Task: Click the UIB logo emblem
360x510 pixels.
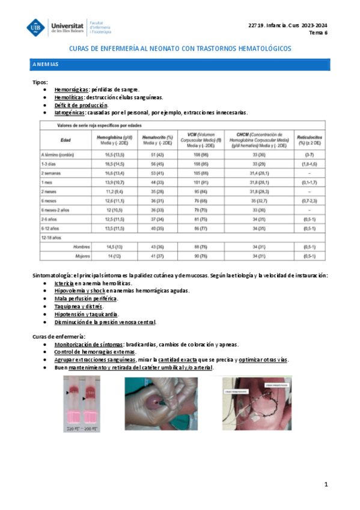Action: pyautogui.click(x=36, y=27)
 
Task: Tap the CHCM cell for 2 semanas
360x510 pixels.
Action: pyautogui.click(x=258, y=173)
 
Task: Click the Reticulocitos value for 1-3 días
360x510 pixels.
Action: pyautogui.click(x=308, y=164)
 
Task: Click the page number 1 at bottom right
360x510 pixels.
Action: pyautogui.click(x=325, y=484)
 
